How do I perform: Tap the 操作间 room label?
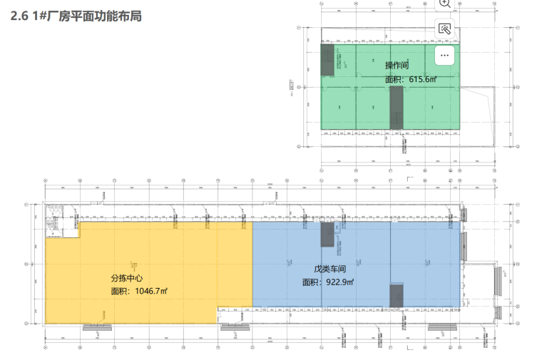(397, 66)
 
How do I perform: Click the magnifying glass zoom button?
(444, 4)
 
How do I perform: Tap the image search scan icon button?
(444, 29)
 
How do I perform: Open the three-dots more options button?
(444, 54)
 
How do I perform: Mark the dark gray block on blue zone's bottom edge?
(397, 297)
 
